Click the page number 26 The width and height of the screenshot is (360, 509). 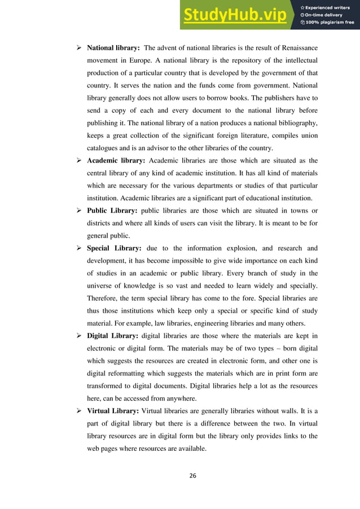pyautogui.click(x=192, y=476)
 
